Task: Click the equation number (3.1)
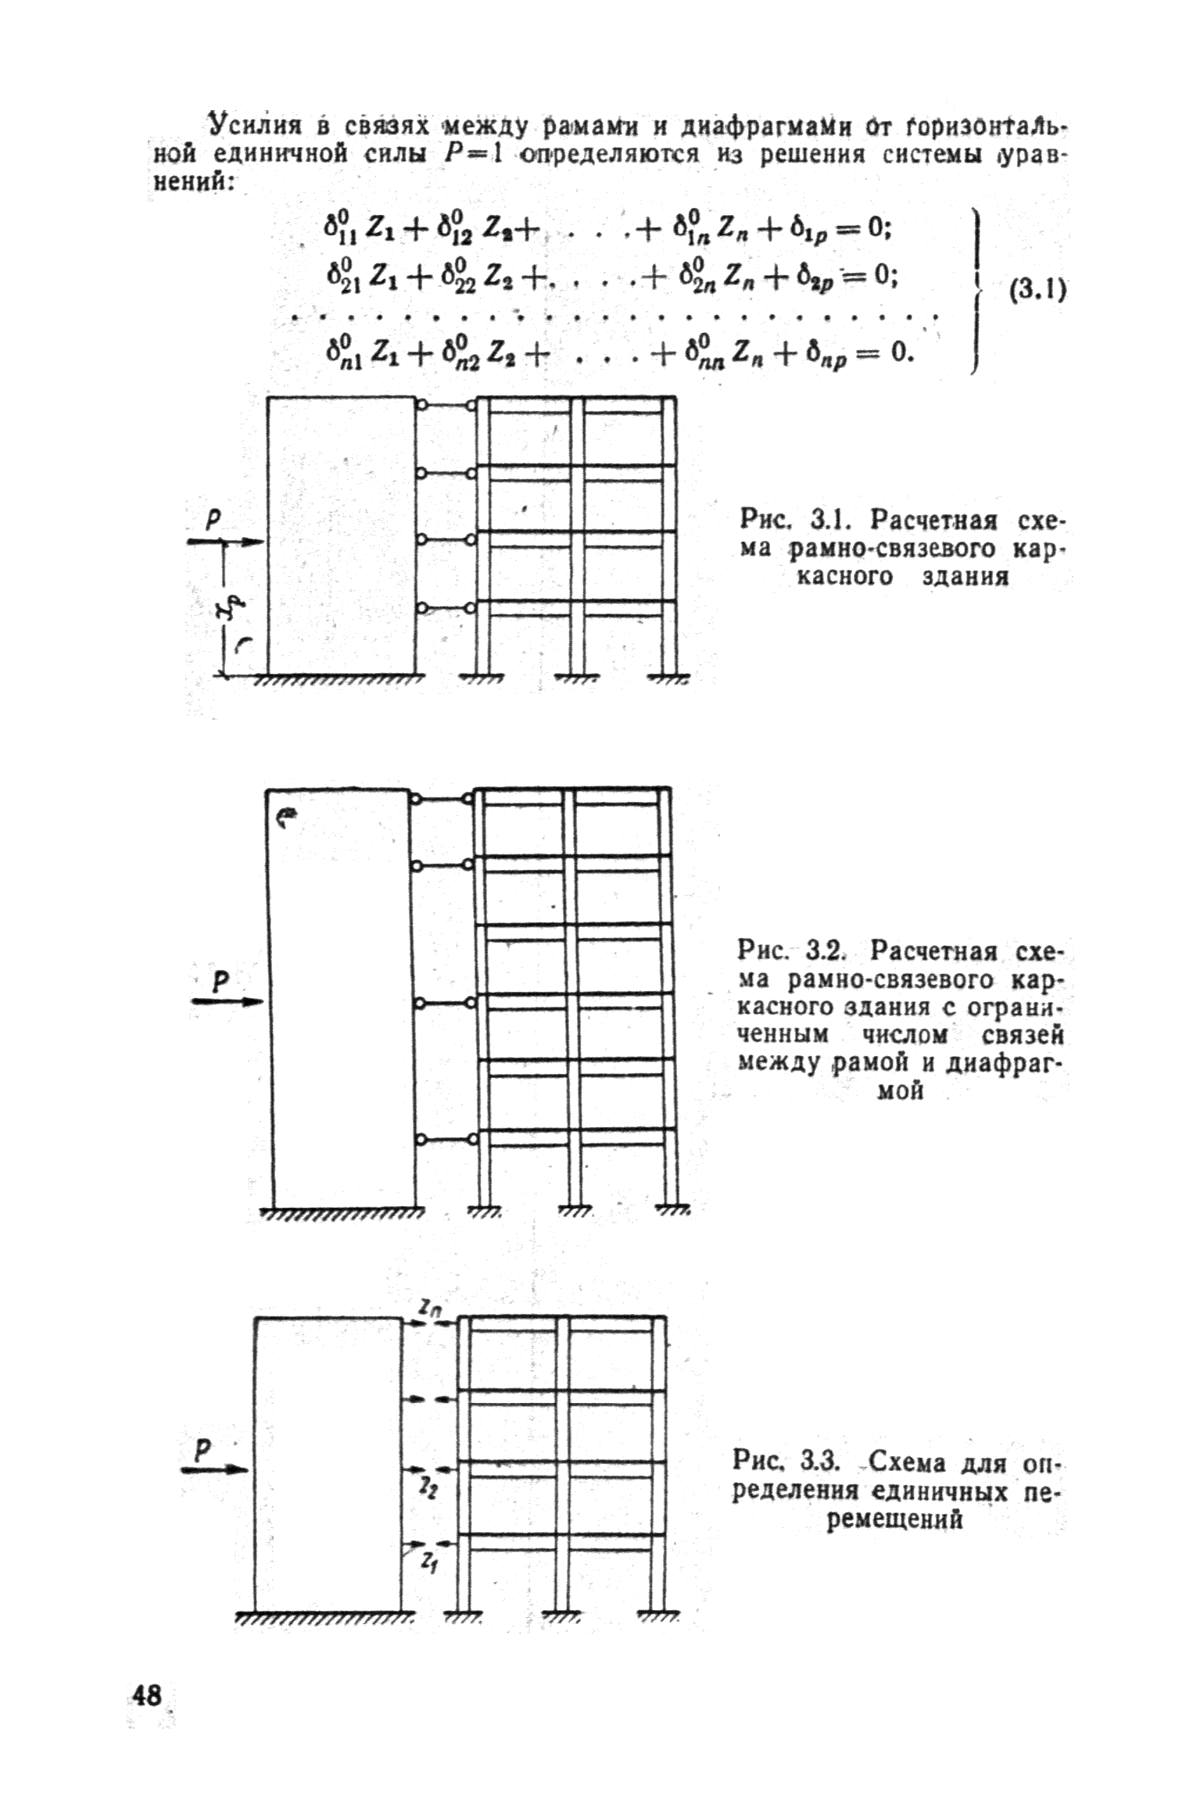[x=1037, y=292]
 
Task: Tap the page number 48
[x=148, y=1695]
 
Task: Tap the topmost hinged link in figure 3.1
[x=446, y=406]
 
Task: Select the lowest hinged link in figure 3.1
[x=446, y=607]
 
